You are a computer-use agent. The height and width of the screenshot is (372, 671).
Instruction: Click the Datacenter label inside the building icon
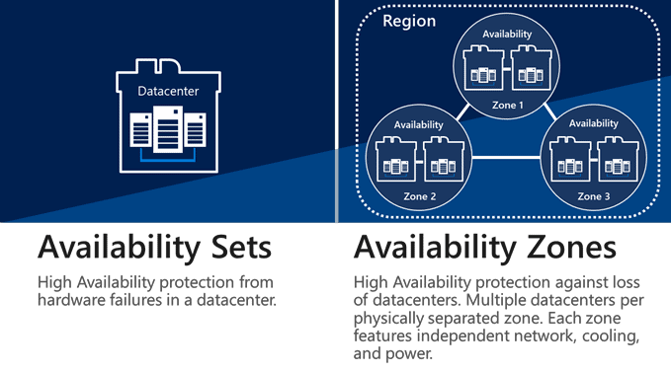(167, 92)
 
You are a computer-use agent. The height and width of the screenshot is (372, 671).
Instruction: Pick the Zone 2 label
(418, 196)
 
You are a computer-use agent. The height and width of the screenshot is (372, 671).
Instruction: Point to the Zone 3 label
(593, 196)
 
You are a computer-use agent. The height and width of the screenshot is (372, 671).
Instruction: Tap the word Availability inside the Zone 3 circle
(593, 124)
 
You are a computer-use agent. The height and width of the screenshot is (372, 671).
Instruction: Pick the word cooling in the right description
(592, 336)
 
